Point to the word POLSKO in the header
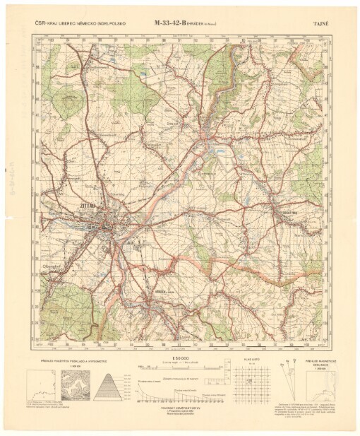[116, 23]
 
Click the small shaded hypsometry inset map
[73, 386]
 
